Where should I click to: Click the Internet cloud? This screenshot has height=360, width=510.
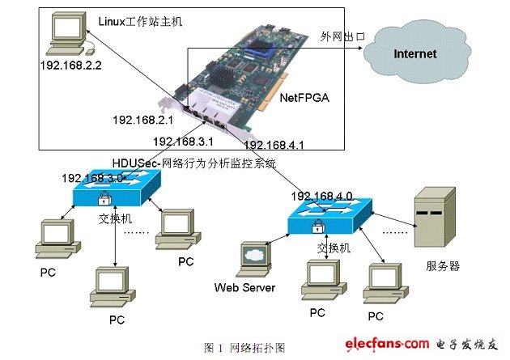[x=415, y=54]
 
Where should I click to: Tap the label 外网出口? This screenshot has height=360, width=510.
[x=342, y=36]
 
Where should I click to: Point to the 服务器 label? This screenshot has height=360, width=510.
[x=442, y=265]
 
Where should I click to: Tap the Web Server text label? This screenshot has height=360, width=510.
[x=244, y=287]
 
